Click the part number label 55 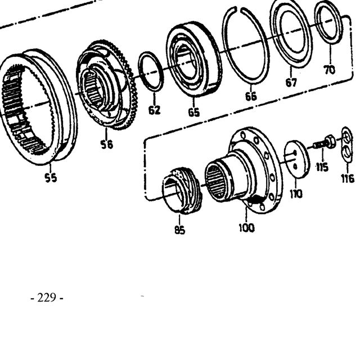51,178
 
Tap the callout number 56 107,145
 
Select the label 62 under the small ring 154,110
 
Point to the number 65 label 194,112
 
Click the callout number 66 251,96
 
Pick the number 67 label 291,83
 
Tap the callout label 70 330,70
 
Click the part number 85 179,229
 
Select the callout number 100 247,228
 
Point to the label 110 296,194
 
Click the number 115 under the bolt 322,168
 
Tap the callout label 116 348,178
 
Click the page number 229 47,298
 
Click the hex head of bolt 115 330,141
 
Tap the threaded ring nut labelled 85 182,191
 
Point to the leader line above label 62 154,99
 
